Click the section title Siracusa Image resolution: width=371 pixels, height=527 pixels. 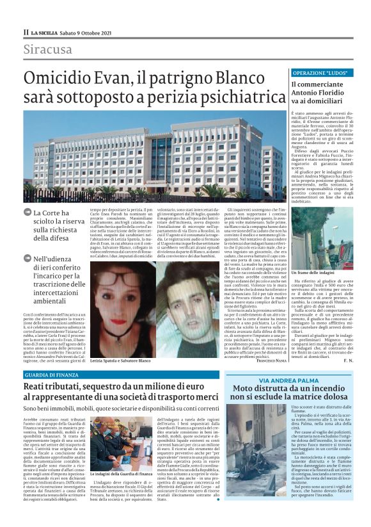point(48,50)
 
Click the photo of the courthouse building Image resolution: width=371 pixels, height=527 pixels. point(154,154)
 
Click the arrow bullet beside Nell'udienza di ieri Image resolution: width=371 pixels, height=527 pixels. point(28,259)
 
